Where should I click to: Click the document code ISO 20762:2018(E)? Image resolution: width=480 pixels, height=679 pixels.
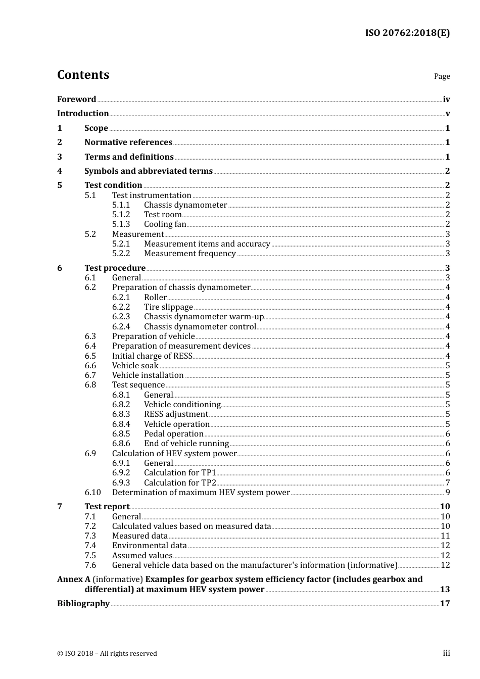407,33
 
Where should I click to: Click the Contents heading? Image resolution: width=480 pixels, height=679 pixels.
83,75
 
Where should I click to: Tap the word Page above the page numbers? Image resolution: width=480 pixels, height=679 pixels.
442,76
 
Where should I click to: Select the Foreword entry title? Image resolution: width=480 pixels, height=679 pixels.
76,99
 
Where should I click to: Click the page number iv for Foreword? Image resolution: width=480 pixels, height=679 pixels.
446,99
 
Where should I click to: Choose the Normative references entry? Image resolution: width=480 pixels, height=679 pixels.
128,142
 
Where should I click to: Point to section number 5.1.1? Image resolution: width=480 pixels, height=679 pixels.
121,205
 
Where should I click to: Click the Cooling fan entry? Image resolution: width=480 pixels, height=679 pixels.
165,224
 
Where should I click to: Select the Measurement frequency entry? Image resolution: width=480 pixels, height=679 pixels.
189,253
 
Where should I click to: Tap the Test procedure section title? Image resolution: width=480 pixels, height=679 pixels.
115,268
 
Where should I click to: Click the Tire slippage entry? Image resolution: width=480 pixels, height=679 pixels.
168,307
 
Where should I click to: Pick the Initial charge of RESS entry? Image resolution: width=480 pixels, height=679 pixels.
152,356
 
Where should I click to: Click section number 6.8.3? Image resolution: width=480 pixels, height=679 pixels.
121,414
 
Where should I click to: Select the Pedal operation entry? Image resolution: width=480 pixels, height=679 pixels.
173,433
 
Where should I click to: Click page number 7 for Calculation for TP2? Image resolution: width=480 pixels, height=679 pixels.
448,482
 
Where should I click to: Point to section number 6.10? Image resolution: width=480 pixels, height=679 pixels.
92,492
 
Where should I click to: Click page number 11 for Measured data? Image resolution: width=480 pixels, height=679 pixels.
445,536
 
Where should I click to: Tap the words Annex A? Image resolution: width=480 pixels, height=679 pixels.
74,579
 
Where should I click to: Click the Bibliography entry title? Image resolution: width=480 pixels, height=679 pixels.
83,603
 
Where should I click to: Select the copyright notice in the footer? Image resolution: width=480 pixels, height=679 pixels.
107,653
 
